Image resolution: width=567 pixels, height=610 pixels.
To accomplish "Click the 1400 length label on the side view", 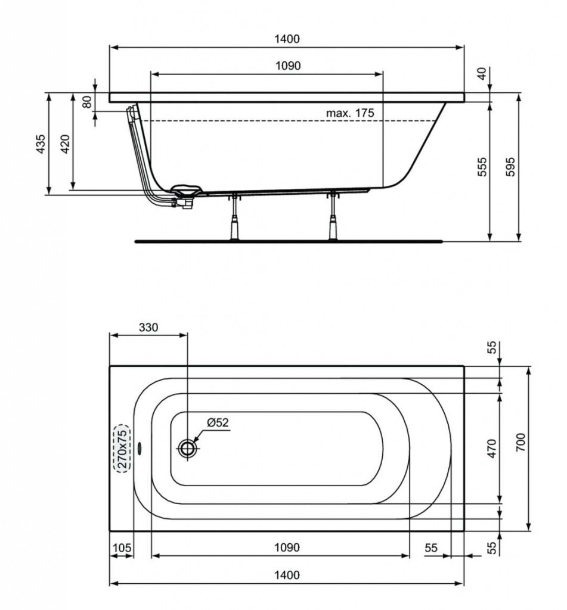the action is click(287, 39).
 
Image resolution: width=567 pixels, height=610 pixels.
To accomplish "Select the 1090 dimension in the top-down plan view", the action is click(287, 547).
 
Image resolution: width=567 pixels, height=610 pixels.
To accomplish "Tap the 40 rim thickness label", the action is click(482, 73).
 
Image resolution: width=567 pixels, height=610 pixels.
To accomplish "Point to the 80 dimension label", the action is click(88, 102).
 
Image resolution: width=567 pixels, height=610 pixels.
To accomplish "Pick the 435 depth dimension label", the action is click(41, 144).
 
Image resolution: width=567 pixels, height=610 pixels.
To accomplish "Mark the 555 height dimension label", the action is click(482, 167).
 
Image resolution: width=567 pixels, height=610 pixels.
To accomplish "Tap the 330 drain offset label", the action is click(149, 328).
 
